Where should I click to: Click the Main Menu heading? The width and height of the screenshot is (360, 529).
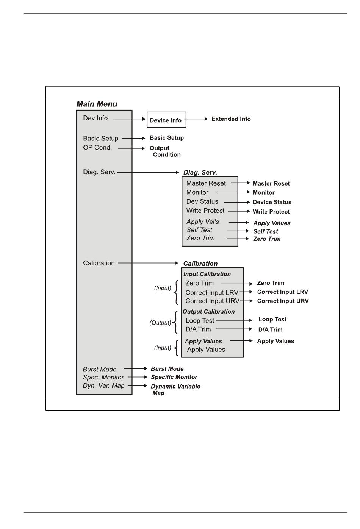coord(97,104)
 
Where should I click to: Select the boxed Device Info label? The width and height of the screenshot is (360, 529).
coord(166,120)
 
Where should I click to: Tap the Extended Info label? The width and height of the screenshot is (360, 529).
coord(231,119)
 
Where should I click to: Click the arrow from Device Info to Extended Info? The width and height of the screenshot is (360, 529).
coord(197,119)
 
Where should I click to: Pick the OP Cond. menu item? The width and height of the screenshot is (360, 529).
coord(97,148)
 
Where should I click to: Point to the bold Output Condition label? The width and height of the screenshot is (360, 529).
coord(165,151)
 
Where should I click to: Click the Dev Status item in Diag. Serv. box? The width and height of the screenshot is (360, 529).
coord(202,201)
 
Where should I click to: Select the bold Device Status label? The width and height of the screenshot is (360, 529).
coord(272,202)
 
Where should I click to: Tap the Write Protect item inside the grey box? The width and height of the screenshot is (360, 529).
coord(205,211)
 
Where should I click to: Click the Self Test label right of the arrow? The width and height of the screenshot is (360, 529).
coord(265,231)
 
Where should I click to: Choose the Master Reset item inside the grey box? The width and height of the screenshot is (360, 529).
coord(206,183)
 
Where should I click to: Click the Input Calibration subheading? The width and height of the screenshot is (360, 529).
coord(207,274)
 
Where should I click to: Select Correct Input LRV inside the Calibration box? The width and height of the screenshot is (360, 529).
coord(212,293)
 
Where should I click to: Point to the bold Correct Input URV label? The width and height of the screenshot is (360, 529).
coord(283,301)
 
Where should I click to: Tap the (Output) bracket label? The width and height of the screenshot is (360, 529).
coord(160,323)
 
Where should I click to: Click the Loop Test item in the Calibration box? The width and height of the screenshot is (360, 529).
coord(200,321)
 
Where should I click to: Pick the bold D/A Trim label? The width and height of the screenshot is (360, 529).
coord(270,329)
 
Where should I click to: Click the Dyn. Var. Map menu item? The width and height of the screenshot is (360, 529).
coord(103,385)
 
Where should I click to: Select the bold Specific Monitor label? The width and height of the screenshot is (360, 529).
coord(174,377)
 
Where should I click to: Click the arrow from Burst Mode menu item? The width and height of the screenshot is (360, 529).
coord(136,368)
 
